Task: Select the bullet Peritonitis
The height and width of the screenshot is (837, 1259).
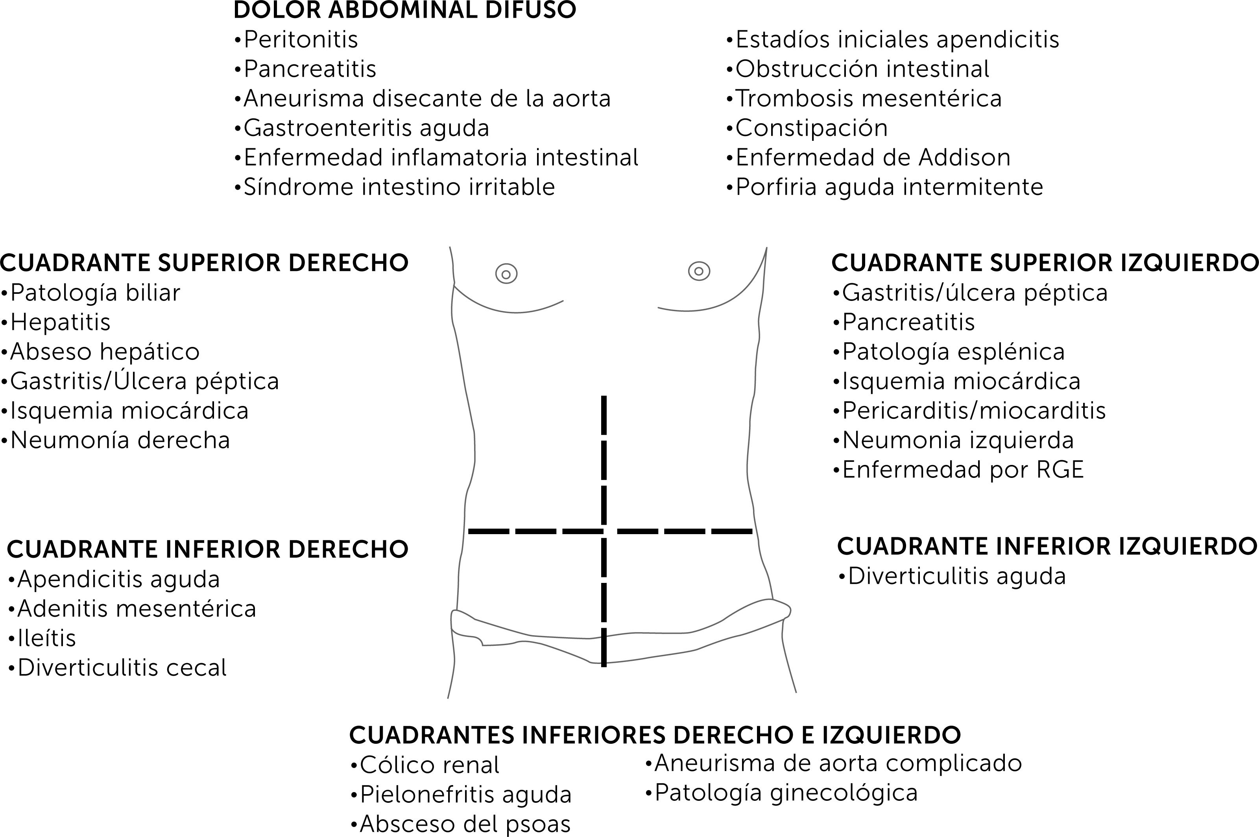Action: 296,39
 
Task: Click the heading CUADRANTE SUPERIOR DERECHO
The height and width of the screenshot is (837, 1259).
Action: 204,263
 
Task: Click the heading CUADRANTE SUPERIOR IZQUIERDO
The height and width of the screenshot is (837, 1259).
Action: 1044,263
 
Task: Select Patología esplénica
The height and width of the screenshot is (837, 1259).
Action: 949,352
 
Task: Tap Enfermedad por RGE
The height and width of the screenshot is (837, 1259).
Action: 958,470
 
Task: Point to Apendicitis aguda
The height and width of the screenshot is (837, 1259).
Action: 114,579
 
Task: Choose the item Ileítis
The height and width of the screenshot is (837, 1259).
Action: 42,638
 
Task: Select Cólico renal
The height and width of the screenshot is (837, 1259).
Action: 425,765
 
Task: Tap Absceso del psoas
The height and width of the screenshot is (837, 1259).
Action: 460,824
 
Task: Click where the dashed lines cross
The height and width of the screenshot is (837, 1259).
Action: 604,531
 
